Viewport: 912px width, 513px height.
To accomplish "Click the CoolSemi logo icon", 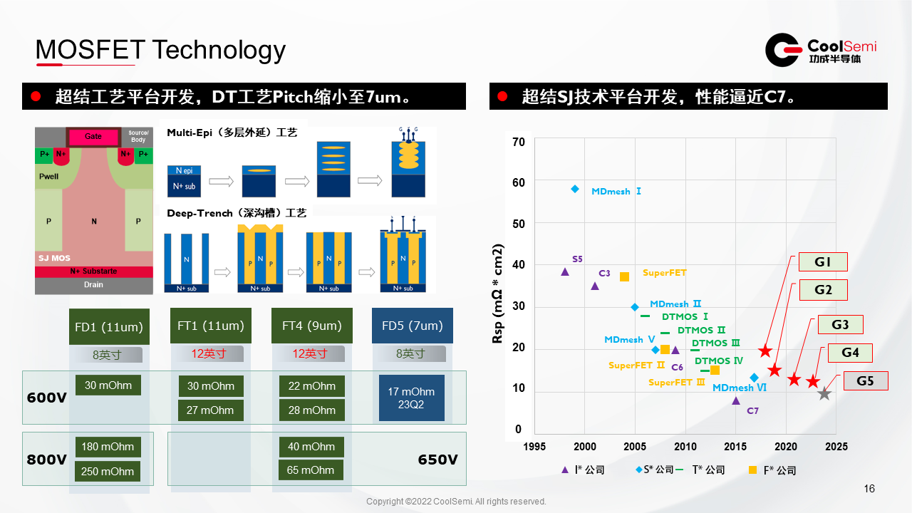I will coord(783,50).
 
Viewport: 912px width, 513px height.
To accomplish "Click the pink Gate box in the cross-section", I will coord(93,136).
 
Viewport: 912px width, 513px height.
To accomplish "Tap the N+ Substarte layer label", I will coord(93,271).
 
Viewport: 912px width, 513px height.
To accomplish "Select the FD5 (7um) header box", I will coord(413,326).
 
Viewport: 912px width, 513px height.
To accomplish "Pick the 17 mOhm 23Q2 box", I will coord(411,398).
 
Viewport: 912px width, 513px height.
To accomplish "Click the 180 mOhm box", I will coord(108,447).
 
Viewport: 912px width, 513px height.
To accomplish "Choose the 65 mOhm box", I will coord(311,470).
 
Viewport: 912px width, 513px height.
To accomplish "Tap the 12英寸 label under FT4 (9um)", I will coord(310,353).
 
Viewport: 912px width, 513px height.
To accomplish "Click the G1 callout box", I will coord(823,262).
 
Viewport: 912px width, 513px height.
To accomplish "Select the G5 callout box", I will coord(865,381).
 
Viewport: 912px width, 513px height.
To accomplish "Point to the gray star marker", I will coord(824,393).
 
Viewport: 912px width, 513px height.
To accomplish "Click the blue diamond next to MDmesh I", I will coord(575,189).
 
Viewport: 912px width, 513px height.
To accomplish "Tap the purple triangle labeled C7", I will coord(736,400).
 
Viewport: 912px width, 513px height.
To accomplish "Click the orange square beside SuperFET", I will coord(624,276).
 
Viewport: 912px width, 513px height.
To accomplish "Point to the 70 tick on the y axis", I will coord(519,142).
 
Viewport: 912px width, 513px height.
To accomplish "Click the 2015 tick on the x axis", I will coord(736,447).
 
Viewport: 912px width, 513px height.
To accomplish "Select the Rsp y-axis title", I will coord(498,294).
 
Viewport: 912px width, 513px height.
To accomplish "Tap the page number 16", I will coord(869,489).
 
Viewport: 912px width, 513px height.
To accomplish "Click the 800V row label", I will coord(46,460).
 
